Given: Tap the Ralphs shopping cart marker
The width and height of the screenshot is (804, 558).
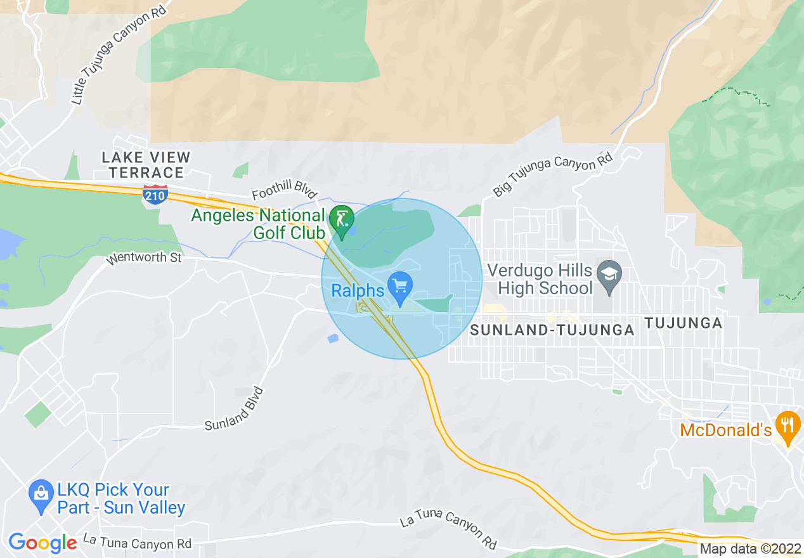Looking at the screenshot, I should (x=400, y=287).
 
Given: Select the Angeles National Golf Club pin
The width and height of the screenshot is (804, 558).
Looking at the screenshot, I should (x=342, y=222).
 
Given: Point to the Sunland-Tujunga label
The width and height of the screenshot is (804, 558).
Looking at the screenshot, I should (x=552, y=330).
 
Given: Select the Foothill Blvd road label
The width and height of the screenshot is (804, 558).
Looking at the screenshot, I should (x=283, y=193).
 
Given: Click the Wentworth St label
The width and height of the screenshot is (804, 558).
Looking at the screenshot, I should (x=144, y=257).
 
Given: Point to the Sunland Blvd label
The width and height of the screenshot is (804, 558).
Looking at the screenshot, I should (x=234, y=410).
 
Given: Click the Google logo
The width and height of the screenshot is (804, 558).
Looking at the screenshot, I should (x=42, y=543).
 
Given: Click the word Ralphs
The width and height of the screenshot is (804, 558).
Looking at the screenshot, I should (x=358, y=290).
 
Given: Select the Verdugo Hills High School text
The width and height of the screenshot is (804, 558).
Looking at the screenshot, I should (x=545, y=280).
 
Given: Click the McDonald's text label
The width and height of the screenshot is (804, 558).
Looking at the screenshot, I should (x=725, y=431).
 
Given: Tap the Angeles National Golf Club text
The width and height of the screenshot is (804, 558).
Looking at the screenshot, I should (x=258, y=224).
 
